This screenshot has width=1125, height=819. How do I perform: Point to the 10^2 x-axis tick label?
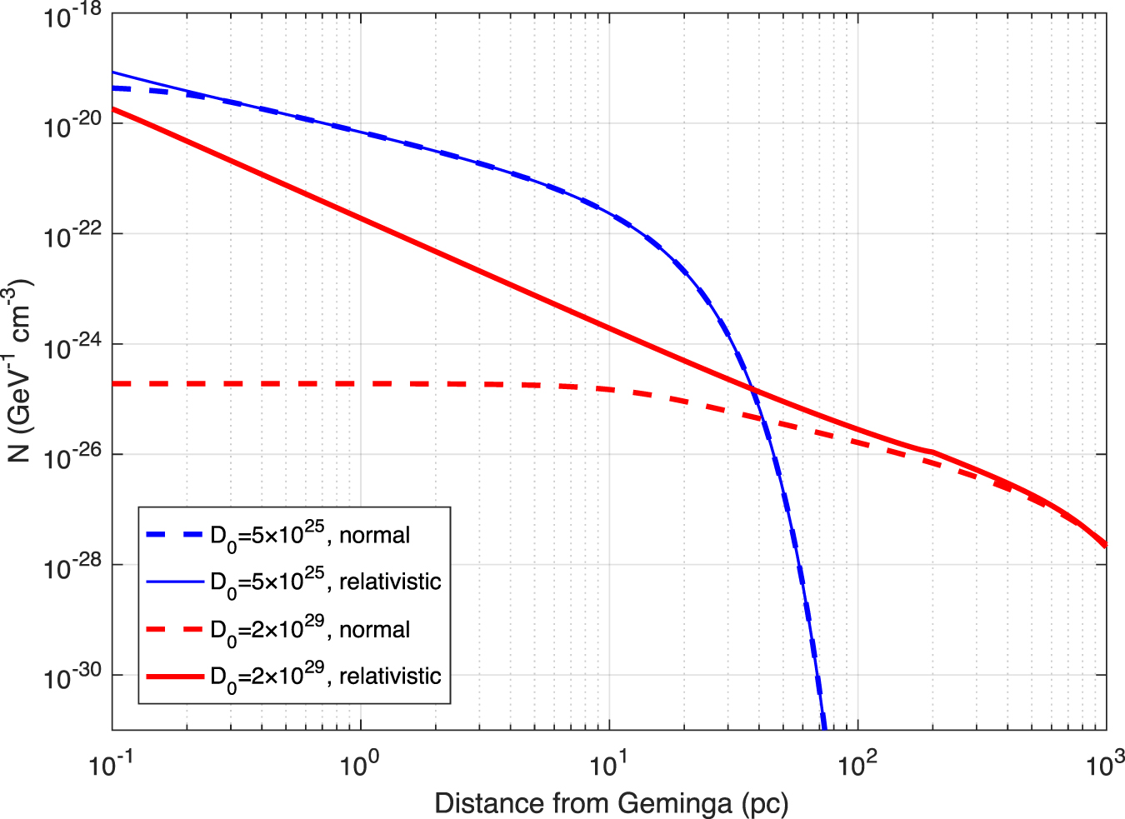[857, 762]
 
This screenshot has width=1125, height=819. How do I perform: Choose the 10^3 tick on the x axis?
[1104, 762]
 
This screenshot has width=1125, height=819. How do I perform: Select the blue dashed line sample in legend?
[175, 535]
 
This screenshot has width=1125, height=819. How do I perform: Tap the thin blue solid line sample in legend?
[175, 582]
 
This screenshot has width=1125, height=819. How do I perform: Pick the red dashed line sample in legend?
[175, 629]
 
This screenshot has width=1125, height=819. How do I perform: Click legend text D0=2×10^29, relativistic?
[325, 677]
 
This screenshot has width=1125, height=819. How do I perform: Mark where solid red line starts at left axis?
[113, 108]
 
